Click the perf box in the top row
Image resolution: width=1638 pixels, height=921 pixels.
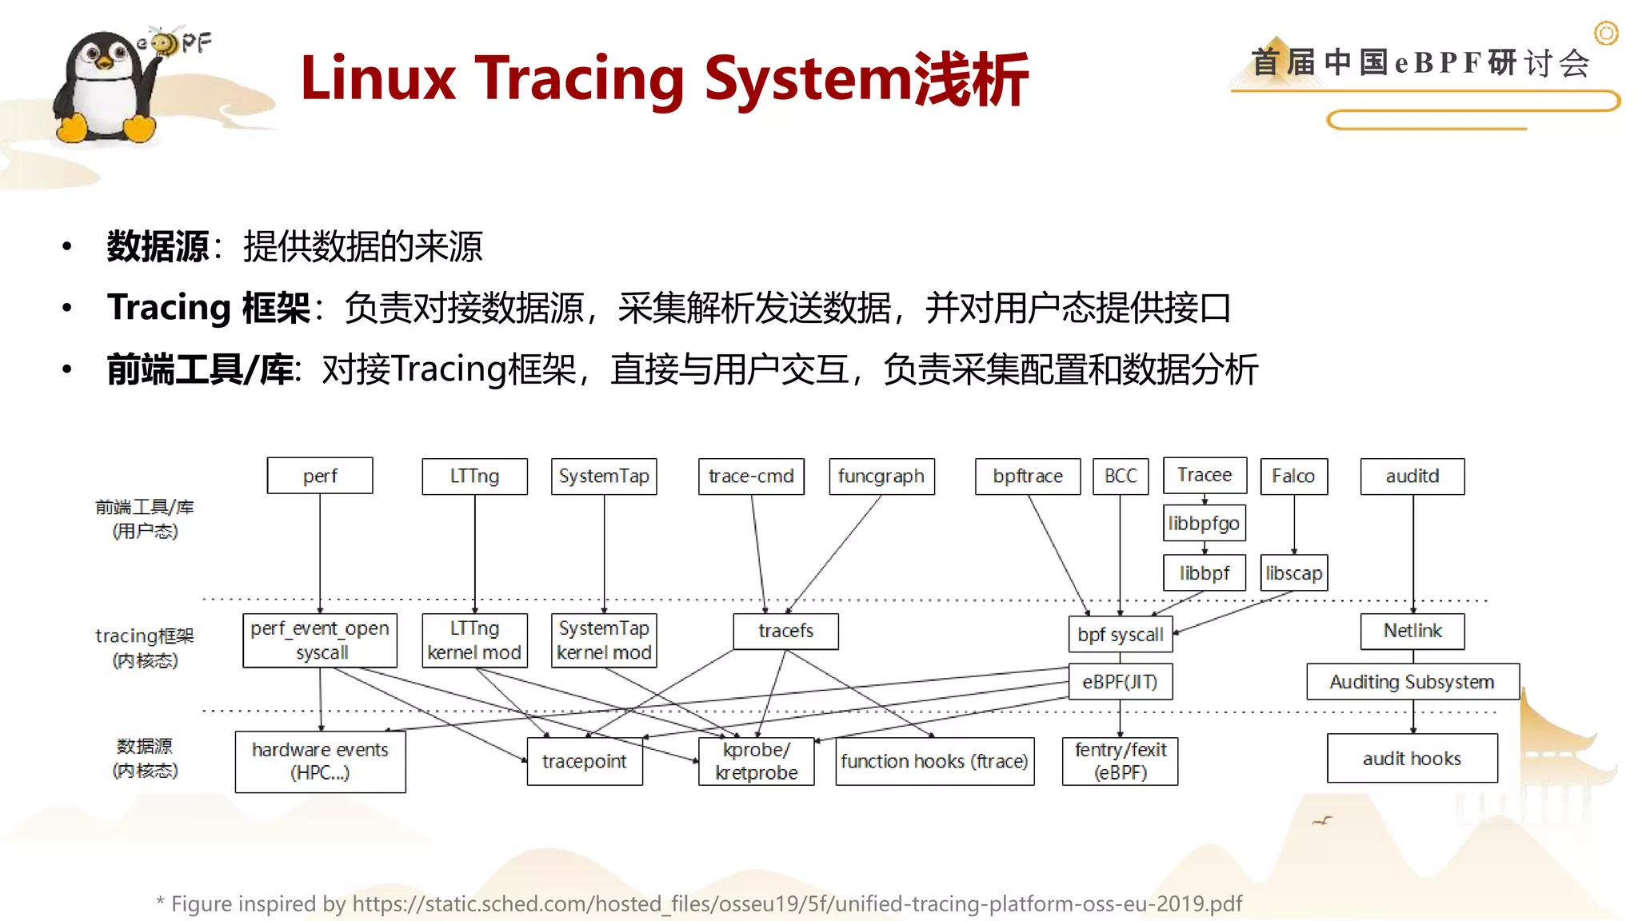click(x=320, y=476)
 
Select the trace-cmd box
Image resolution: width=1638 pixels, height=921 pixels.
click(x=751, y=476)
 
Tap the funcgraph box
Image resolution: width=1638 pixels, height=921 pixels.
click(x=881, y=476)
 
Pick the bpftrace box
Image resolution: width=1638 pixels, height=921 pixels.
click(x=1028, y=476)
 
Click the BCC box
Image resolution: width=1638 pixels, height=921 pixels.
click(x=1121, y=476)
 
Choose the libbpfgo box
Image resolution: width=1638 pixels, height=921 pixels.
click(x=1204, y=524)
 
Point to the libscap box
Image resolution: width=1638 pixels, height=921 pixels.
click(x=1293, y=573)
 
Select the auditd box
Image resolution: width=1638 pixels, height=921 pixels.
click(x=1412, y=476)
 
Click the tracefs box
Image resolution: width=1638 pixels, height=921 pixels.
click(x=785, y=631)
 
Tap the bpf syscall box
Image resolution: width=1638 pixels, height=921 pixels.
click(x=1120, y=635)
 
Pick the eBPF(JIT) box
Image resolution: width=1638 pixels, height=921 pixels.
click(x=1120, y=682)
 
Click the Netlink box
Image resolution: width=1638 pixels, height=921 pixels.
click(x=1412, y=631)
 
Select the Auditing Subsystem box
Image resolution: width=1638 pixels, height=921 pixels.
click(x=1412, y=682)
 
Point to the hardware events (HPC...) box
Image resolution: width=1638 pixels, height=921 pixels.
click(x=320, y=761)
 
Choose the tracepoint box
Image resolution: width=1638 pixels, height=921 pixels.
click(x=585, y=761)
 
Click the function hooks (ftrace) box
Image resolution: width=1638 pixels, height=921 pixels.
click(x=934, y=761)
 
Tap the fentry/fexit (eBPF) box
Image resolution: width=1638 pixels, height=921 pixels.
click(x=1120, y=761)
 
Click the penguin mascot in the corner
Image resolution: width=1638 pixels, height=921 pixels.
click(x=104, y=88)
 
